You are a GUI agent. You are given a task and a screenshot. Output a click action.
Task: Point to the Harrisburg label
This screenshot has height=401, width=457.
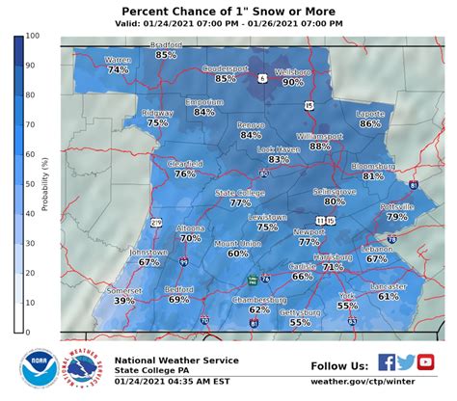click(333, 257)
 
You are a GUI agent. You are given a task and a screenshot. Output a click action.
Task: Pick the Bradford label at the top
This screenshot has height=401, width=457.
click(166, 44)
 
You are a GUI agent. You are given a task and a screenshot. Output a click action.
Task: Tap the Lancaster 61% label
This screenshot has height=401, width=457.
click(389, 292)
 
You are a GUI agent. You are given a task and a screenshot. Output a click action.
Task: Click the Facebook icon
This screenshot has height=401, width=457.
click(386, 363)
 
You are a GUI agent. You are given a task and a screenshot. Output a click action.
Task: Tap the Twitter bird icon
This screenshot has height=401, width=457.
click(406, 363)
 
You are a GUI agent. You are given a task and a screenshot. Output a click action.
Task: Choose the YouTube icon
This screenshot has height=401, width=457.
click(426, 363)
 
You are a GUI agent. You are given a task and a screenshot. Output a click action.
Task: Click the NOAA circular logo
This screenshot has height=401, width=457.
click(39, 369)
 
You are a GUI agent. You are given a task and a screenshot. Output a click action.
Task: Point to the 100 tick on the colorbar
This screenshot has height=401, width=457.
click(32, 36)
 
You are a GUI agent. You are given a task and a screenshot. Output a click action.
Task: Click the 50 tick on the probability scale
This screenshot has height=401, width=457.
click(32, 184)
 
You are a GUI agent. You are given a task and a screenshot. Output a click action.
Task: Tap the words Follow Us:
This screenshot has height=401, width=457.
click(339, 365)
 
